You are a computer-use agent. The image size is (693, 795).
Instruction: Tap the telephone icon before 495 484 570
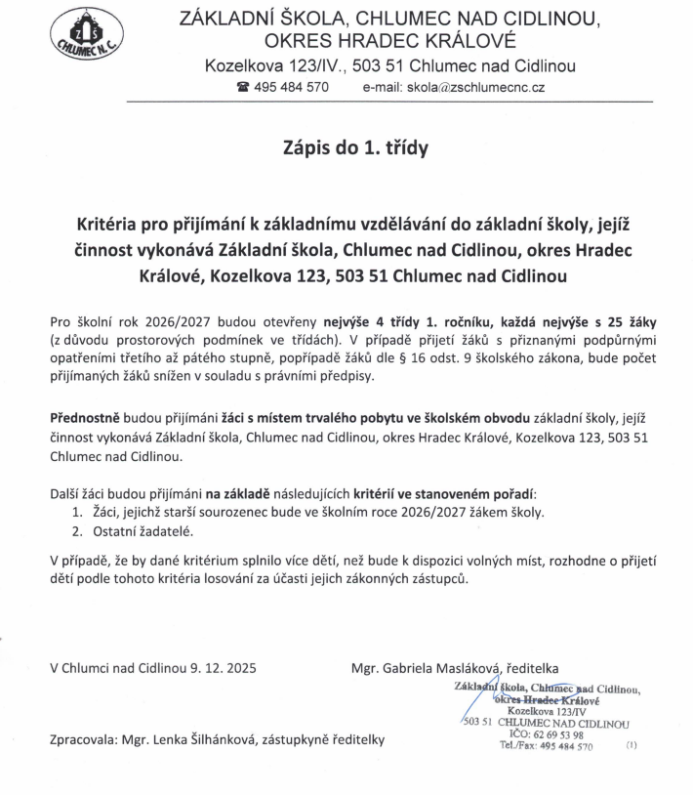click(x=244, y=87)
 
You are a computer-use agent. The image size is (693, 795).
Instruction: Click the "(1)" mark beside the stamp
click(x=631, y=746)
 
